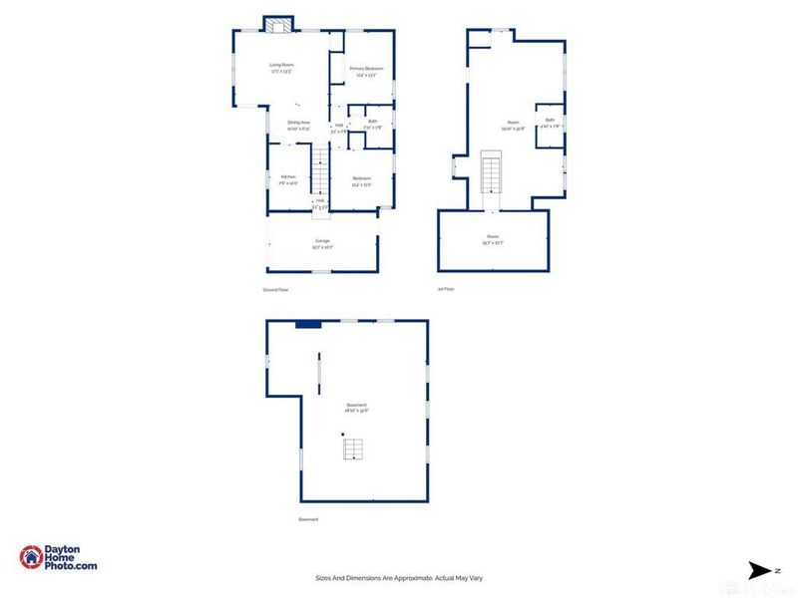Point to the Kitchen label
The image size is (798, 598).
287,178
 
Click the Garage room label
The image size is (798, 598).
322,242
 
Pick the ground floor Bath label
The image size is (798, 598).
373,123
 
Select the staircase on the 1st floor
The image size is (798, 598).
492,175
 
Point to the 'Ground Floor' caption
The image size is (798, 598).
276,289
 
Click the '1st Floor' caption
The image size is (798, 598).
446,289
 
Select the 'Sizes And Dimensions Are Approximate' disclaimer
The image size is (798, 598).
398,578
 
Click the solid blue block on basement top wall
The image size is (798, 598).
308,323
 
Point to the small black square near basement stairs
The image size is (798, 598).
342,435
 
